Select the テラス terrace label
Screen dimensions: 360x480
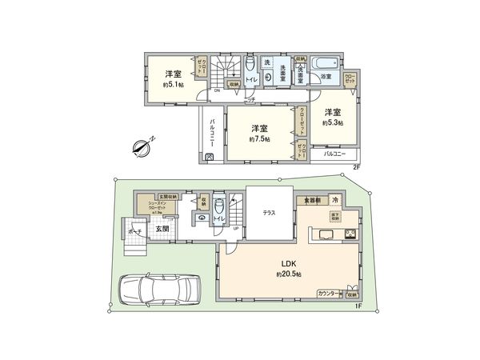(270, 214)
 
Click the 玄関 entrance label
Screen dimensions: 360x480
(161, 228)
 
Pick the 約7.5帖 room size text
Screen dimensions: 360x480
(258, 139)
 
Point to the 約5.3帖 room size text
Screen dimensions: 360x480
(333, 123)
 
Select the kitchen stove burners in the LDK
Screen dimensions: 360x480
(350, 234)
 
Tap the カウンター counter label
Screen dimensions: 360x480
(328, 294)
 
